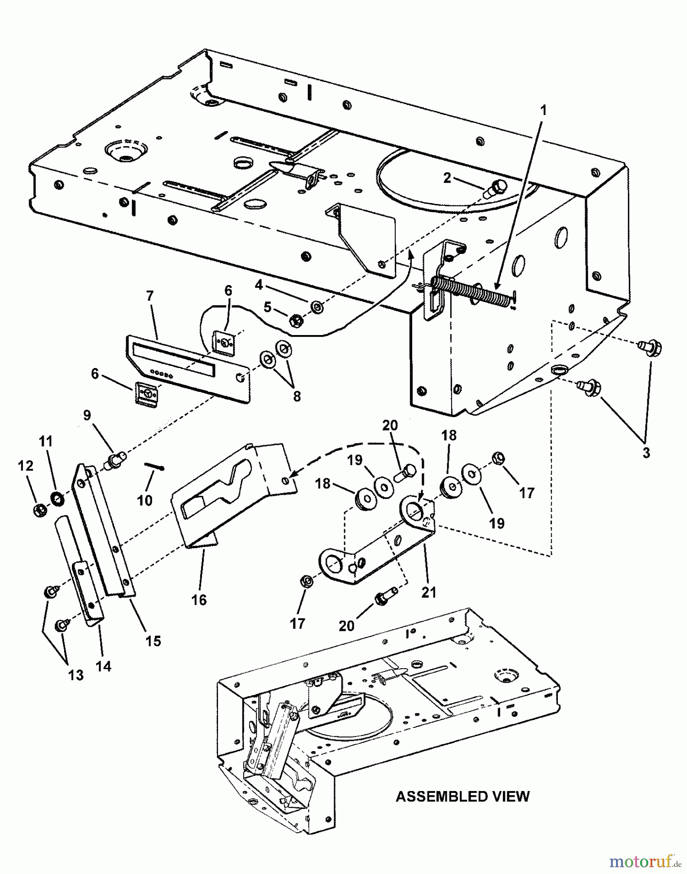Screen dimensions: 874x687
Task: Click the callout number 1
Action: point(543,111)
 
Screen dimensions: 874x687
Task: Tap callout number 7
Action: point(150,296)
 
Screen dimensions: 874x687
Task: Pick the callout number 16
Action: point(199,600)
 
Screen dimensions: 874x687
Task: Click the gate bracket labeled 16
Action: point(228,495)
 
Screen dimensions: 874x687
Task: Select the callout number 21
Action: point(429,592)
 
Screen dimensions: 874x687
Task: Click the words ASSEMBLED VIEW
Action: point(462,796)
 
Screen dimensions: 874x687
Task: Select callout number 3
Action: point(646,453)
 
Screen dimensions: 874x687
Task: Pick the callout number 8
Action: point(296,396)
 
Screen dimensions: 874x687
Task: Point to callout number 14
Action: point(103,666)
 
